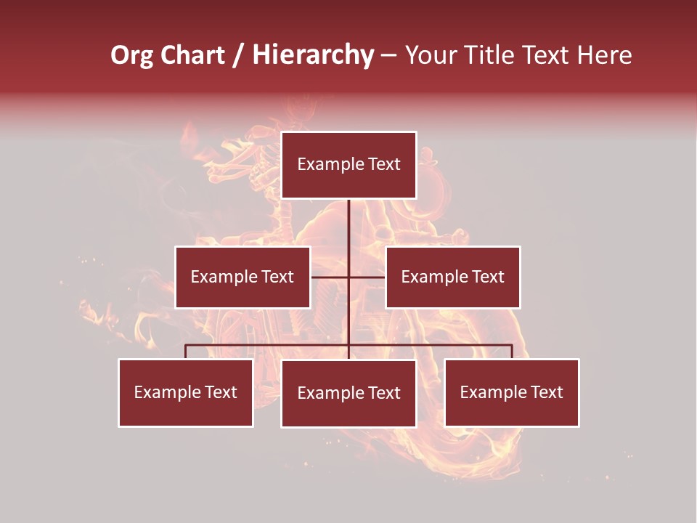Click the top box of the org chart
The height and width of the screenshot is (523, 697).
pos(348,165)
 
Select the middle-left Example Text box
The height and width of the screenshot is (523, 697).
pos(242,277)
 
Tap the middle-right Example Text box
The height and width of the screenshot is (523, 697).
pos(452,277)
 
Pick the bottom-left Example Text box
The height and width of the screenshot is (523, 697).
pos(185,392)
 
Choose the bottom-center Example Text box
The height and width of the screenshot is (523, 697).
pos(348,393)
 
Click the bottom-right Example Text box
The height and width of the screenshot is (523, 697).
pos(511,392)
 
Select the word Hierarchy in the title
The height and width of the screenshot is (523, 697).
pos(313,55)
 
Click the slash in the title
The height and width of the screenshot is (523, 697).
pos(238,55)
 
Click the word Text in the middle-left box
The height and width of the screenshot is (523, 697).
pos(277,277)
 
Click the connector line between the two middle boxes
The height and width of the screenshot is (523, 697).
pos(348,277)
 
